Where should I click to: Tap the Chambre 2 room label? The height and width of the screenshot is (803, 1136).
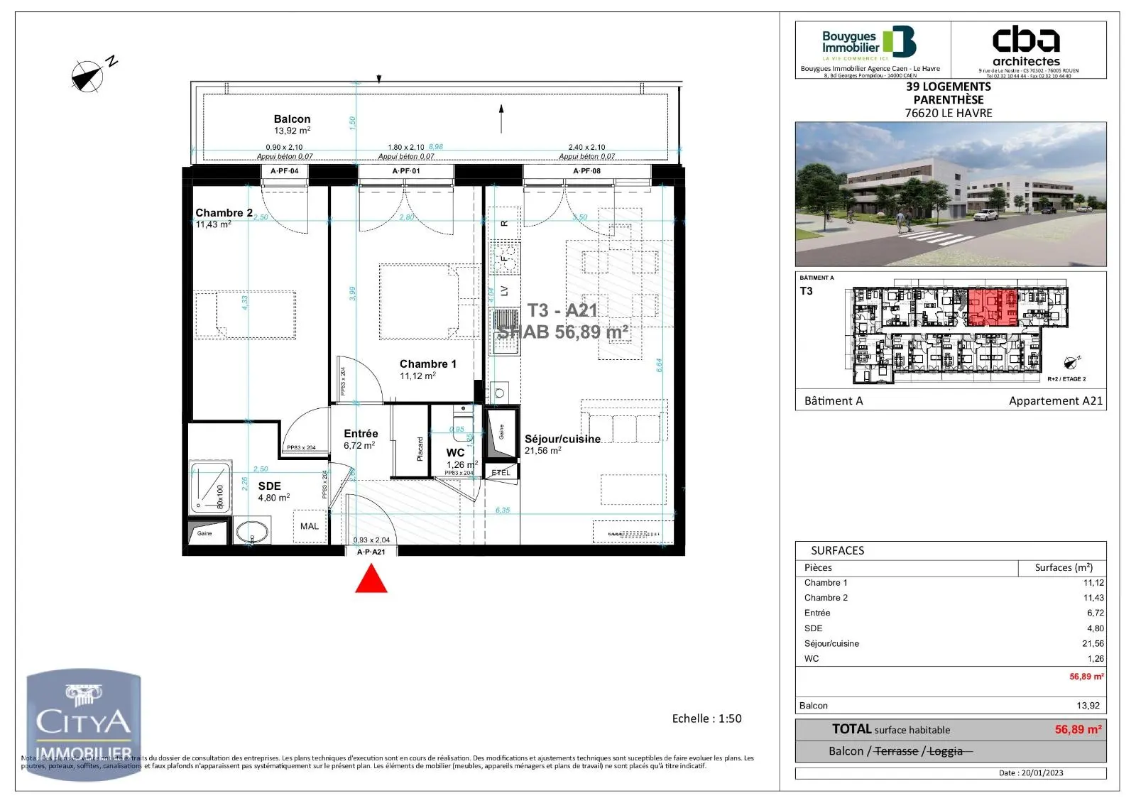(223, 213)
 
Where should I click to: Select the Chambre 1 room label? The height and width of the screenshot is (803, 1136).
(427, 364)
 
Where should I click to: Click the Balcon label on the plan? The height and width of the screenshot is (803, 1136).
(292, 119)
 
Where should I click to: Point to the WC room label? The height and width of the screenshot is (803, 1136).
(455, 453)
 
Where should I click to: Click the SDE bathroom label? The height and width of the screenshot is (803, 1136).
(269, 486)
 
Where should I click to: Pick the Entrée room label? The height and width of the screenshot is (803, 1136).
(361, 434)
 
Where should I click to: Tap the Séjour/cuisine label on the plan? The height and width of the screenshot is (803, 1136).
(562, 439)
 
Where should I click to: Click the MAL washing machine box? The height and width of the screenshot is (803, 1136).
(310, 526)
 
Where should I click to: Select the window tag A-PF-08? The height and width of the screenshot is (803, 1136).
(586, 171)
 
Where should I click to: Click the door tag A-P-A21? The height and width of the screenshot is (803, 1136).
(371, 552)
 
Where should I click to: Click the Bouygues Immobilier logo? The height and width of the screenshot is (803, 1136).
(870, 43)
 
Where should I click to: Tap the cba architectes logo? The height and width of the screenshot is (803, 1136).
(1026, 45)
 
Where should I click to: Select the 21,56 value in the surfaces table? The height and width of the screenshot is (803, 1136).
(1093, 643)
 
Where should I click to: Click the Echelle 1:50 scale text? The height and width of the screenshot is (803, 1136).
(706, 719)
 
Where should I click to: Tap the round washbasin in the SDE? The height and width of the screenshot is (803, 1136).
(251, 531)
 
